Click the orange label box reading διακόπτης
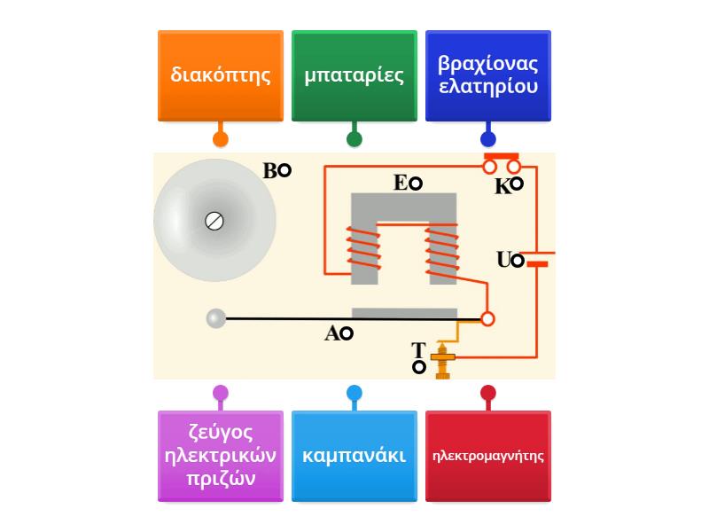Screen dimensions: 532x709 [x=221, y=75]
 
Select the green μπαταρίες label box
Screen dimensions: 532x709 [x=354, y=75]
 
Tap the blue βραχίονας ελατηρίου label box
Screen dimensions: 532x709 [x=488, y=75]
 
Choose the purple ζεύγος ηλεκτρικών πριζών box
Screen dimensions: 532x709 [x=221, y=456]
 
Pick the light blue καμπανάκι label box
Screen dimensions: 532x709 [x=354, y=456]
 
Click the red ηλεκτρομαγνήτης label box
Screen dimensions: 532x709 [x=488, y=456]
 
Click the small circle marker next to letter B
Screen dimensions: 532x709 [x=284, y=171]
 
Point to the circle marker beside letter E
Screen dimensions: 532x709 [x=415, y=184]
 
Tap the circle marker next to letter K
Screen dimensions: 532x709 [x=516, y=184]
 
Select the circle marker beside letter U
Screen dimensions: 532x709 [x=518, y=261]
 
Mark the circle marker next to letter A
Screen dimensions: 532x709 [x=347, y=333]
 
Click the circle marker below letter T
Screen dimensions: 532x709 [x=419, y=367]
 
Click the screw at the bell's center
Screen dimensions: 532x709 [x=214, y=221]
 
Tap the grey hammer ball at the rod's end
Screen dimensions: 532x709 [x=216, y=318]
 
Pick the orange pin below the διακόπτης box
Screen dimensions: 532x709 [x=221, y=139]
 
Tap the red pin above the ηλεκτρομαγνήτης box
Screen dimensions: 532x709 [x=488, y=393]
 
